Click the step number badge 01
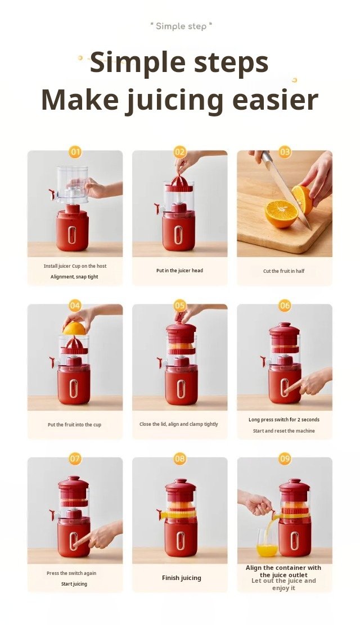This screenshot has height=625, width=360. [75, 152]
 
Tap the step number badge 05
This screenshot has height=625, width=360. [180, 305]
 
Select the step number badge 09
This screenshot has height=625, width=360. [285, 459]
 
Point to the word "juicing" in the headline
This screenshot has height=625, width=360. [174, 101]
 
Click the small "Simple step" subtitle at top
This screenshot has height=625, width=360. [181, 26]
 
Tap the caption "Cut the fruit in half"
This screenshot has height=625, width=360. [284, 271]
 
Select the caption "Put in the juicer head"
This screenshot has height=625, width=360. [179, 271]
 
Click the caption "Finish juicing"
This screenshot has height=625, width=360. [181, 578]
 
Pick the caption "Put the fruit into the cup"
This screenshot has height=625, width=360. [75, 425]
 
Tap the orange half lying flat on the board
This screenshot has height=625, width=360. [281, 214]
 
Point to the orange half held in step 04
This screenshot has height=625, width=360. [74, 329]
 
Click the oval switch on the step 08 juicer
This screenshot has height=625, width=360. [181, 541]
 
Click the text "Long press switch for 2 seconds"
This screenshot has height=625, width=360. [284, 420]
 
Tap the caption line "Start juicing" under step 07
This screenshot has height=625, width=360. [74, 584]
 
